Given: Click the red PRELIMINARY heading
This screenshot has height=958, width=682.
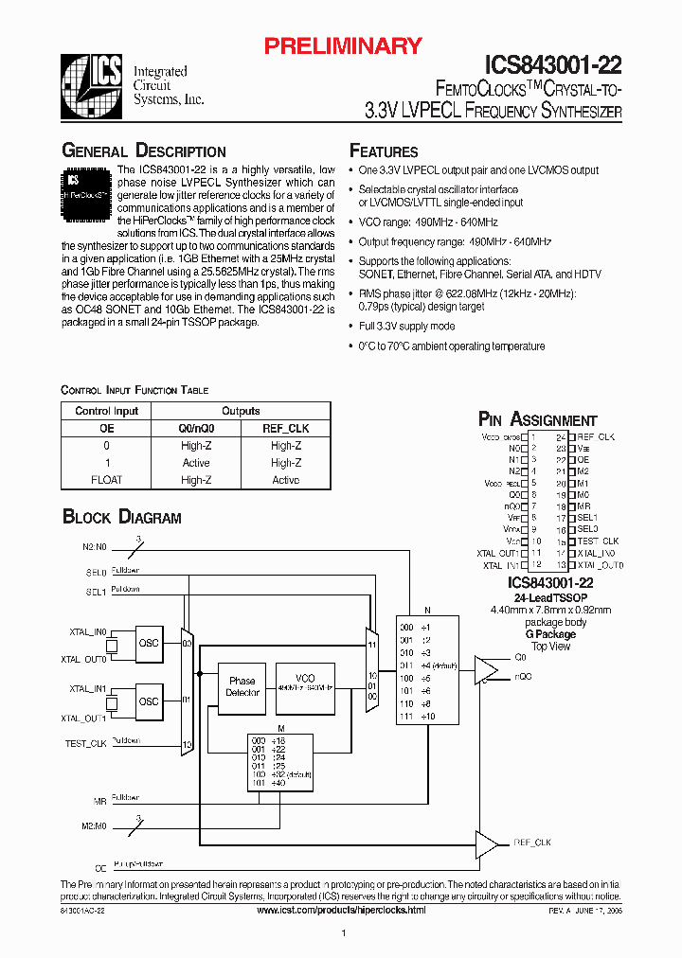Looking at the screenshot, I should pos(342,45).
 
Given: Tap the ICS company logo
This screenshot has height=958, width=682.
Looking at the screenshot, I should pos(91,83).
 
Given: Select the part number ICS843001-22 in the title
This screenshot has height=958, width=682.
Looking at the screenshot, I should pos(554,64).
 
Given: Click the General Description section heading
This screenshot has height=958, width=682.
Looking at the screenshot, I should pos(144,151).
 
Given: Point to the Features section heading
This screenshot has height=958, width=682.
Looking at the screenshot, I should pos(384,151).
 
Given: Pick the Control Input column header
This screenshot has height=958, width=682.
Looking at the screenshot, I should pos(107,411).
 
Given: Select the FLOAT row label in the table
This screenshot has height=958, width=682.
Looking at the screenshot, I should pos(107,480).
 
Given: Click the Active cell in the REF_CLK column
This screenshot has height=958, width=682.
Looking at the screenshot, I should pos(285,480).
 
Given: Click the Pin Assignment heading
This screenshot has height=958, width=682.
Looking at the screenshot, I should pos(538,420).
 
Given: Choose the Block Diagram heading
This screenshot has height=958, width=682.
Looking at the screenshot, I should pos(122,517).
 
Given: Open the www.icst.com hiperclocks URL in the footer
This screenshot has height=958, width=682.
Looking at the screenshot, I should pos(341,909).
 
